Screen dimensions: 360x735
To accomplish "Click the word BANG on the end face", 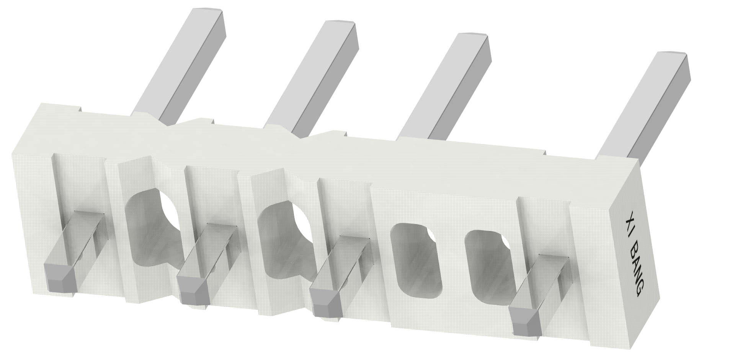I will click(637, 272).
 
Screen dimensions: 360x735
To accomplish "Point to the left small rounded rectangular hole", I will click(413, 260).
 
